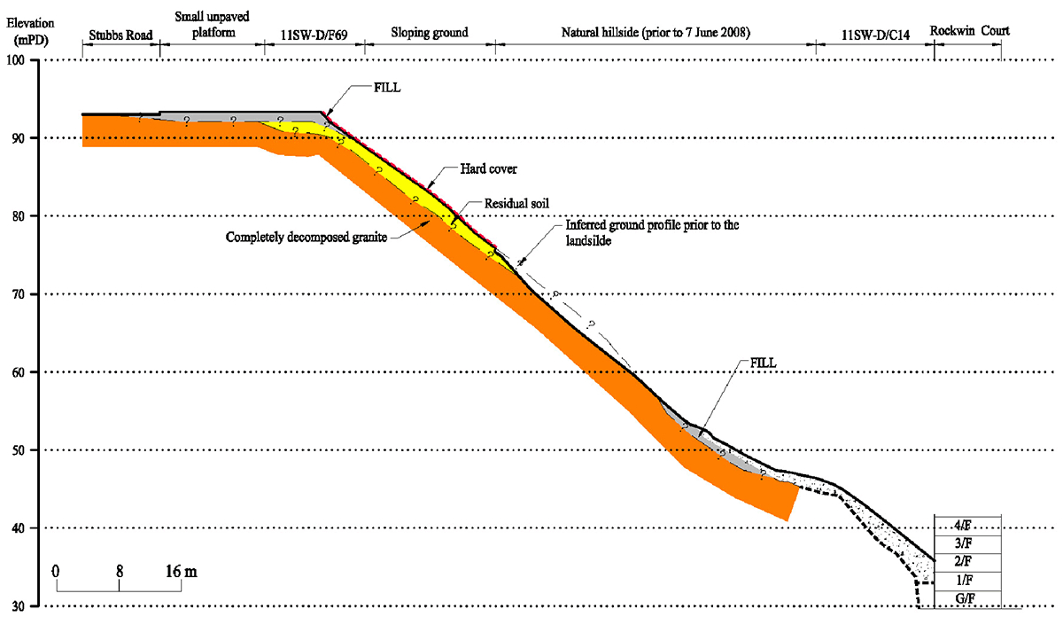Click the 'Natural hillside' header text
(x=656, y=34)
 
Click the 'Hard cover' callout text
(x=488, y=168)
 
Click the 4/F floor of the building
(x=967, y=524)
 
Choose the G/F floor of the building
(x=967, y=598)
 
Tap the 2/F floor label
(x=967, y=561)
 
